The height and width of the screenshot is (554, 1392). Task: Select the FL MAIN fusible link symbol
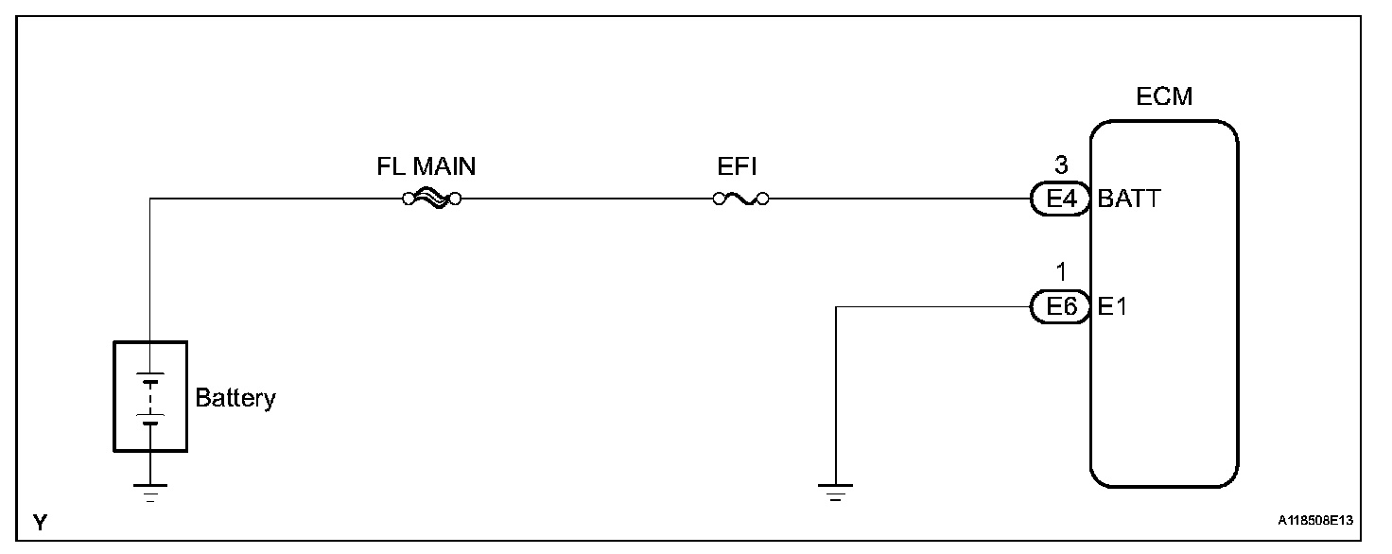pyautogui.click(x=431, y=199)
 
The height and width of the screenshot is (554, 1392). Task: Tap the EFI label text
pyautogui.click(x=738, y=167)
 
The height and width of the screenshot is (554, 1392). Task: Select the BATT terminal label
pyautogui.click(x=1130, y=199)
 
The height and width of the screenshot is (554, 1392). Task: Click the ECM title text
pyautogui.click(x=1164, y=96)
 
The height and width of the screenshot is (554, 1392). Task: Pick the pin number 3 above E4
pyautogui.click(x=1060, y=166)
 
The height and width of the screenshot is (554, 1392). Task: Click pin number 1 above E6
pyautogui.click(x=1060, y=273)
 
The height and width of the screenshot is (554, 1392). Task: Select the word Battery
pyautogui.click(x=235, y=398)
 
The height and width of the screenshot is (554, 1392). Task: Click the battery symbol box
pyautogui.click(x=150, y=397)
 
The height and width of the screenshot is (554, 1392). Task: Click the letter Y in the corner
pyautogui.click(x=40, y=522)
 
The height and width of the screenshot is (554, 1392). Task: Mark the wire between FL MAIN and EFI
pyautogui.click(x=586, y=199)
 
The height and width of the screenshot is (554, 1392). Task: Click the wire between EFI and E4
pyautogui.click(x=898, y=199)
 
